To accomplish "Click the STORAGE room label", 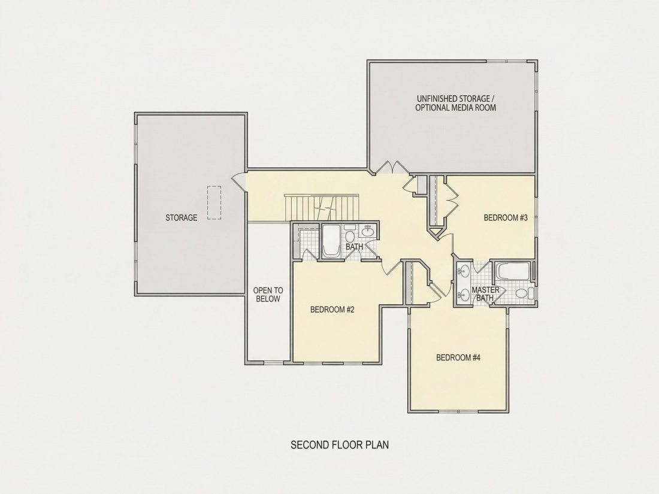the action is pyautogui.click(x=181, y=217).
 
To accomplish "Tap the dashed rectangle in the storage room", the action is pyautogui.click(x=214, y=203).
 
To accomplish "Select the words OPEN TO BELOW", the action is pyautogui.click(x=268, y=295).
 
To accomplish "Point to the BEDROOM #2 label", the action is pyautogui.click(x=332, y=310).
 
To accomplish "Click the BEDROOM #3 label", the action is pyautogui.click(x=506, y=217).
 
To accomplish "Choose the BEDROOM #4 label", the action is pyautogui.click(x=458, y=357).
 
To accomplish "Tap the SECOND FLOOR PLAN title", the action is pyautogui.click(x=340, y=444).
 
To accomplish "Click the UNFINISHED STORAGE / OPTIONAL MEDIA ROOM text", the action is pyautogui.click(x=455, y=103).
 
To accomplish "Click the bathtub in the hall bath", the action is pyautogui.click(x=332, y=241).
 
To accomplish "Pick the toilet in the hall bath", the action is pyautogui.click(x=350, y=236).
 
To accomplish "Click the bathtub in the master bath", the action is pyautogui.click(x=512, y=271).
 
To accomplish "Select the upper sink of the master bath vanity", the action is pyautogui.click(x=464, y=271).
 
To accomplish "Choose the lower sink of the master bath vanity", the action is pyautogui.click(x=464, y=295).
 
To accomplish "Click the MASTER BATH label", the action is pyautogui.click(x=485, y=294).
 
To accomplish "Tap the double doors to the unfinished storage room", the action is pyautogui.click(x=392, y=167).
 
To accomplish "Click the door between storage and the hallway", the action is pyautogui.click(x=238, y=182).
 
